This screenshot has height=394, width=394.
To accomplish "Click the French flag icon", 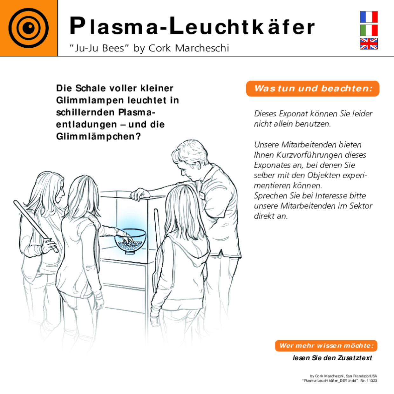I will click(x=369, y=17).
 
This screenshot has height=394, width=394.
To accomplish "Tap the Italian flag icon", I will click(x=369, y=31).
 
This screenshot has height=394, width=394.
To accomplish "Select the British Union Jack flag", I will click(x=369, y=44).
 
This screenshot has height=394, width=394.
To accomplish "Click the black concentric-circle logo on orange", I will click(x=29, y=28).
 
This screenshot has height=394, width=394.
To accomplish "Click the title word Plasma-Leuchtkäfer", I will click(x=192, y=26).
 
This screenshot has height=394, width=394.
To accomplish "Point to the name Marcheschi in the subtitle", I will click(x=202, y=48).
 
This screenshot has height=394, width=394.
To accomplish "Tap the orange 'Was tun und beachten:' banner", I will click(x=313, y=88).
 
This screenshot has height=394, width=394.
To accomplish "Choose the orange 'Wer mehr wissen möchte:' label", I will click(x=326, y=346).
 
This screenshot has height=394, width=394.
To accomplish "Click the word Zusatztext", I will click(x=355, y=358).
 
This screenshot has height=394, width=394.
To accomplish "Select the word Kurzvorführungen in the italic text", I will click(x=321, y=155).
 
